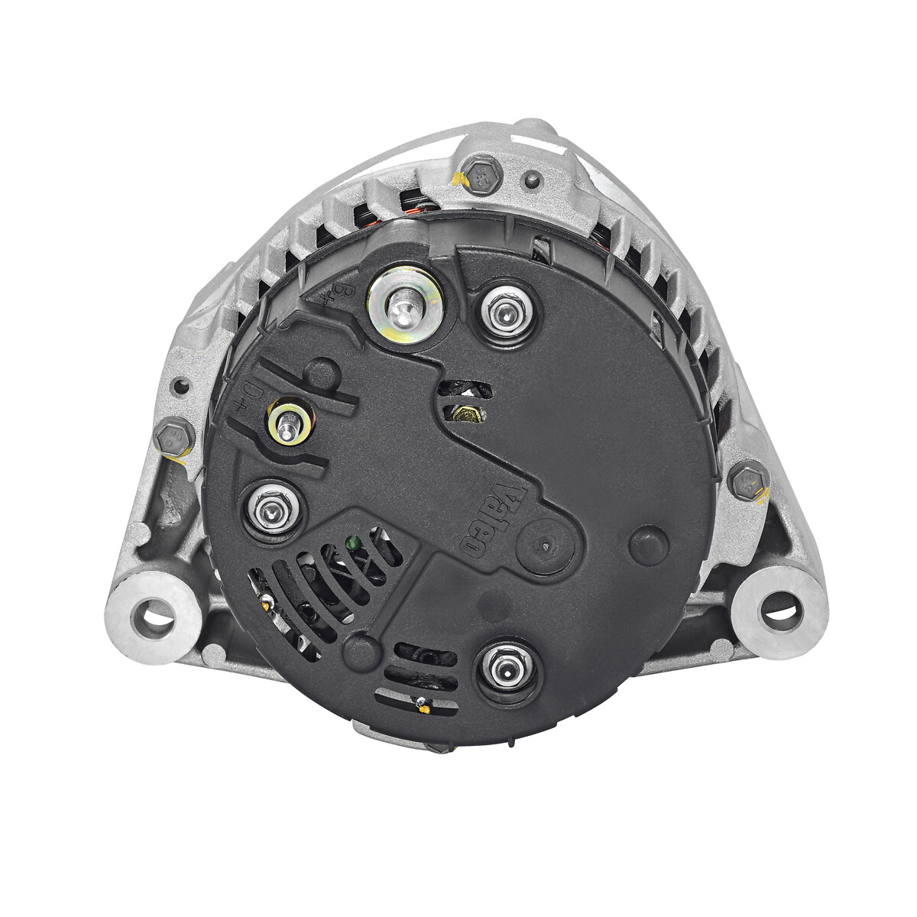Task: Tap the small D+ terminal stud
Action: [x=288, y=421]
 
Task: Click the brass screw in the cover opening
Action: [x=465, y=414]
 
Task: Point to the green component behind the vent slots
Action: [x=352, y=545]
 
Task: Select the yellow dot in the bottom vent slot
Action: [x=421, y=707]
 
